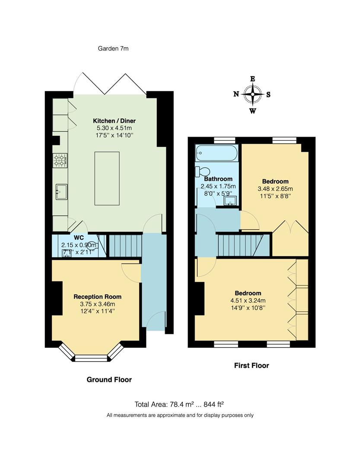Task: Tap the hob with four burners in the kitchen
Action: [60, 160]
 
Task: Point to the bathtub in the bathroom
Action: [217, 153]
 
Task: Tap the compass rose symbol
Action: [252, 94]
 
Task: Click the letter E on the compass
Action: [252, 79]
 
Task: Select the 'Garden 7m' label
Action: [113, 48]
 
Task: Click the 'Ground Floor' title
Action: [109, 380]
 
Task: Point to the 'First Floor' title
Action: [252, 365]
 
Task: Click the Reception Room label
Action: [97, 297]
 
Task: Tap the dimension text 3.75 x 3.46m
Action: [97, 304]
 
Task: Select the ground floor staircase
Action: [124, 246]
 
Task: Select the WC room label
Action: [78, 238]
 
